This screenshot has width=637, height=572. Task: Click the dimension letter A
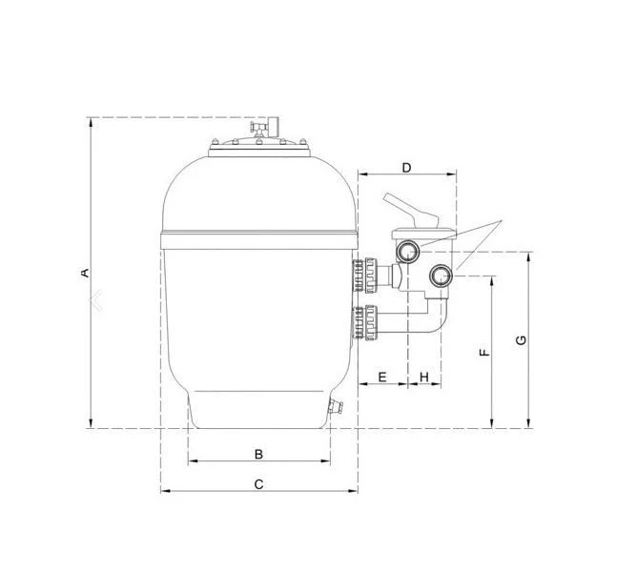coord(85,274)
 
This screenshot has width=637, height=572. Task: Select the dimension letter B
coord(257,452)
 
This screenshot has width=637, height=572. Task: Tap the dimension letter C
coord(258,483)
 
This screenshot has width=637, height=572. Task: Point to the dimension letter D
coord(406,168)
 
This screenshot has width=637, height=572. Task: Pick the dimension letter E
coord(381,377)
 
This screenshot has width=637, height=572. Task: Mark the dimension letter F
coord(484,352)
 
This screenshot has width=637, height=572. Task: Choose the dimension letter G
coord(521,340)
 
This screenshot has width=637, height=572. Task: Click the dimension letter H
coord(424,377)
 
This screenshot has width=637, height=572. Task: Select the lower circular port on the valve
coord(440,276)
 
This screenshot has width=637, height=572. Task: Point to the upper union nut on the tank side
coord(367,276)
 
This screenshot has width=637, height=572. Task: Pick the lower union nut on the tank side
coord(367,321)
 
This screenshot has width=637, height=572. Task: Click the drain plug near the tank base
coord(334,408)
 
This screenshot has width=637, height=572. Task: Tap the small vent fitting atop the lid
coord(259,126)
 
